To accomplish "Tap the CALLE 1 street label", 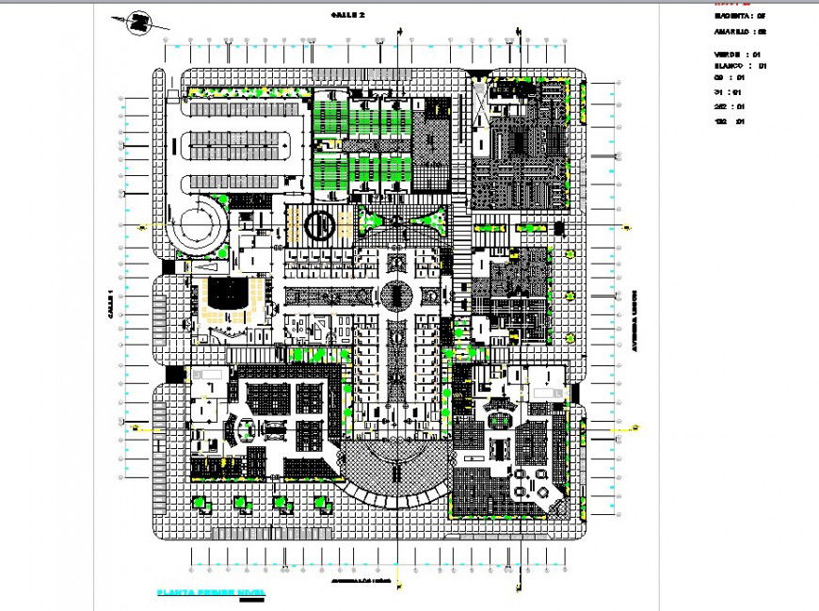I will (x=110, y=305).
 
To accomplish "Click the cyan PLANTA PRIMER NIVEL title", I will (x=211, y=592).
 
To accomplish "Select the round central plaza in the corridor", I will (x=395, y=297).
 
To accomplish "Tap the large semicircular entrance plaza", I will (x=395, y=475).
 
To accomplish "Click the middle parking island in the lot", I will (x=238, y=143).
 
